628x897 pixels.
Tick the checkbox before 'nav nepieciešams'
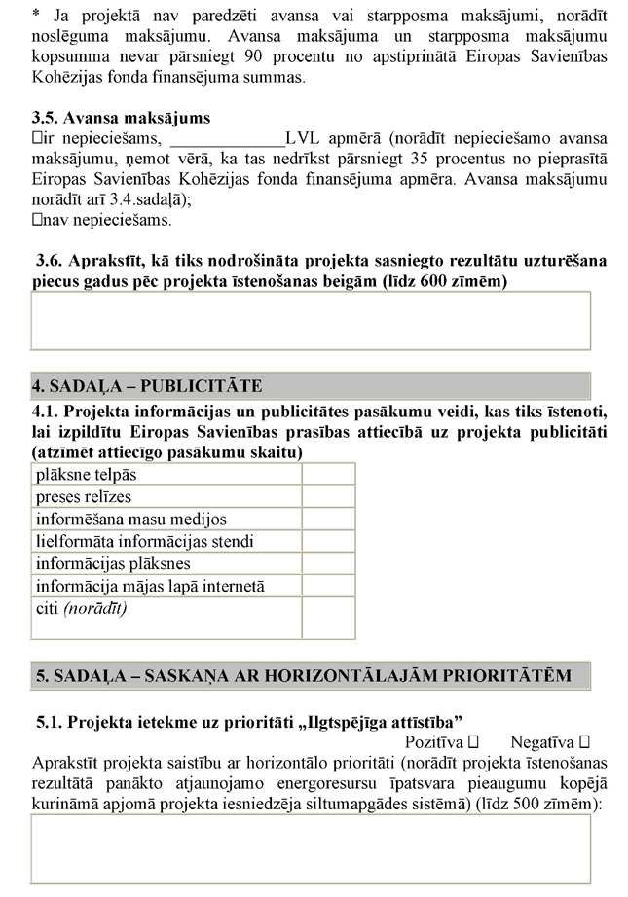pyautogui.click(x=37, y=220)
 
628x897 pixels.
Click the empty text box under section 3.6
pyautogui.click(x=311, y=320)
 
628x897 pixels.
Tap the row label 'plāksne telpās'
pyautogui.click(x=86, y=474)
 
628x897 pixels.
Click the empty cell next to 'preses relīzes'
pyautogui.click(x=328, y=497)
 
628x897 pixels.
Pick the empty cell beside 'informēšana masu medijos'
pyautogui.click(x=328, y=520)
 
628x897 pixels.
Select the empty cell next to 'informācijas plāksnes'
pyautogui.click(x=328, y=564)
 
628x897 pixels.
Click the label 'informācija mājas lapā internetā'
pyautogui.click(x=150, y=587)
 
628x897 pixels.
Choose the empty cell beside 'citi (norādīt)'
pyautogui.click(x=328, y=618)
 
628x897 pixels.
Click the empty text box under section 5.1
pyautogui.click(x=311, y=848)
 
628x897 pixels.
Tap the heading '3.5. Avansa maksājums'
pyautogui.click(x=121, y=119)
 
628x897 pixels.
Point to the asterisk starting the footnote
pyautogui.click(x=36, y=15)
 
